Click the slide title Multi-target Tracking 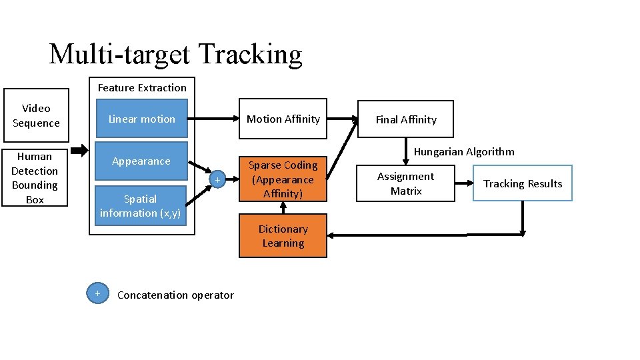tap(175, 54)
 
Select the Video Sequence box tap(36, 115)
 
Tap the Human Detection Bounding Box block tap(35, 178)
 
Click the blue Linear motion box tap(141, 119)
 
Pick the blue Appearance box tap(141, 161)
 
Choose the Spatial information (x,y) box tap(140, 206)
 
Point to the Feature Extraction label tap(142, 87)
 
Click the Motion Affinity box tap(283, 119)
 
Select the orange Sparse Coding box tap(283, 179)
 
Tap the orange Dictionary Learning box tap(283, 236)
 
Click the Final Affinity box tap(405, 119)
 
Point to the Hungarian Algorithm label tap(464, 151)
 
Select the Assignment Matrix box tap(405, 183)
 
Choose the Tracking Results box tap(523, 183)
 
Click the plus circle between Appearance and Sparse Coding tap(217, 179)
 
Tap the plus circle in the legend tap(97, 293)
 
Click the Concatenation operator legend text tap(175, 295)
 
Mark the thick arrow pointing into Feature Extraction tap(79, 148)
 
